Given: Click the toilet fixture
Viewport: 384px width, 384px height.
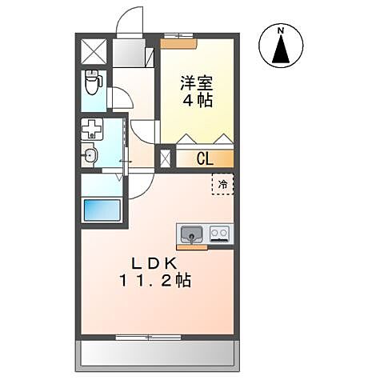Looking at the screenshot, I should (x=93, y=81).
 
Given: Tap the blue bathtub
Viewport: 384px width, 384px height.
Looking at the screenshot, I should (x=102, y=213).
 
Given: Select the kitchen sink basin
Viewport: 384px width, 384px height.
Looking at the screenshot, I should (x=191, y=234).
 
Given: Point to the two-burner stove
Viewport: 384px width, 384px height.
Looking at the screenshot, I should (x=220, y=234).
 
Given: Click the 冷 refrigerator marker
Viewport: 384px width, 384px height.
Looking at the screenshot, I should (x=223, y=185).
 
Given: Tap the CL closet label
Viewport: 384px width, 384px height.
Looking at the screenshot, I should (x=205, y=158).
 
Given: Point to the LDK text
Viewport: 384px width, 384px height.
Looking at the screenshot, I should (x=154, y=263).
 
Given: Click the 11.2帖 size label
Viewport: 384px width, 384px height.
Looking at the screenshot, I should (x=155, y=281).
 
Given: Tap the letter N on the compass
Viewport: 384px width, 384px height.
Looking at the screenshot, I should (x=282, y=31).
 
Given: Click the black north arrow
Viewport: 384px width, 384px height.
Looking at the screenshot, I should (x=282, y=51).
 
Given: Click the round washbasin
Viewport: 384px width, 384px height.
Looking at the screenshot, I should (x=90, y=155).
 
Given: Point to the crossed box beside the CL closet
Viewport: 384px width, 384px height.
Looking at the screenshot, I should (x=166, y=158).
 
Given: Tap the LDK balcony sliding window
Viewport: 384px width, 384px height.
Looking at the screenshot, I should (x=149, y=337).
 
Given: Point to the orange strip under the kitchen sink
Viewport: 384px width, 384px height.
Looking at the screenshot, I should (x=193, y=247).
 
